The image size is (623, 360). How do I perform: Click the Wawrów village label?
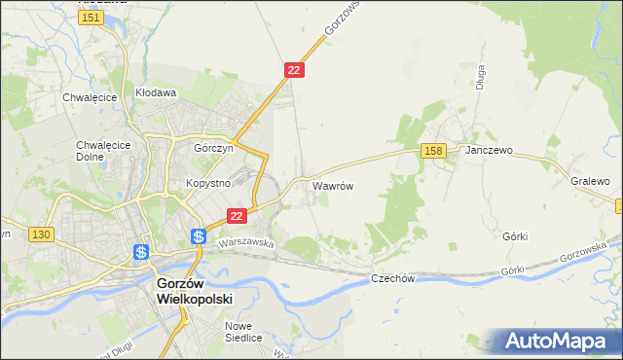(332, 184)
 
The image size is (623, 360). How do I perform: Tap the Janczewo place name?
(489, 152)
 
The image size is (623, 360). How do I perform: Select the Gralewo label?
(590, 181)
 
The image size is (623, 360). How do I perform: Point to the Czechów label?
(393, 278)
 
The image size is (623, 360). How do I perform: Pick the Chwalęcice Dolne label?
(97, 152)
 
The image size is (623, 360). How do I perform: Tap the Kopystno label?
(207, 183)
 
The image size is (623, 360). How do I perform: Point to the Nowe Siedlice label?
(244, 333)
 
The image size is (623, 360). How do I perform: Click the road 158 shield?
(434, 150)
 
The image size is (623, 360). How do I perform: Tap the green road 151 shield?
(92, 18)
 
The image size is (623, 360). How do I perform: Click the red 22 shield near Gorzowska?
(295, 70)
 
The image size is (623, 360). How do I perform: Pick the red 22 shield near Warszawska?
(236, 215)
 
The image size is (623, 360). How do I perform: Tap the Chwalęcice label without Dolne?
(90, 97)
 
